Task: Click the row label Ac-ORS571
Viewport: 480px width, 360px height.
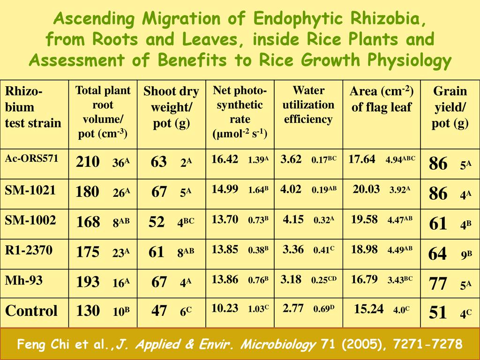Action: coord(31,158)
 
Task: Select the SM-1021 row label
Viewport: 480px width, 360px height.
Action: coord(30,190)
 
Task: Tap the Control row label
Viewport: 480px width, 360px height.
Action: coord(31,311)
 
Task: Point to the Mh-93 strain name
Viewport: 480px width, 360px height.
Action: coord(23,280)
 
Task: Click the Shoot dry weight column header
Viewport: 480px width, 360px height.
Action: coord(171,107)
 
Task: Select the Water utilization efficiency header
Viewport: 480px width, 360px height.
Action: coord(308,105)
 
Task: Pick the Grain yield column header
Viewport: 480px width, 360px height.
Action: coord(450,107)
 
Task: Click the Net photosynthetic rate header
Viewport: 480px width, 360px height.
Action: coord(240,112)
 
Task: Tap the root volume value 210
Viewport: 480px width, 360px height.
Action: coord(88,162)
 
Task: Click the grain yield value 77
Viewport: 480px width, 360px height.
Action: coord(438,284)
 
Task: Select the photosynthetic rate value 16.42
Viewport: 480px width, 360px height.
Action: coord(225,159)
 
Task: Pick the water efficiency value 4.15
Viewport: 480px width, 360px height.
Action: coord(293,219)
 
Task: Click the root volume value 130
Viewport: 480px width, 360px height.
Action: coord(88,311)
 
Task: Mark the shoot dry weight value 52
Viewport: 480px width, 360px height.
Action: coord(157,222)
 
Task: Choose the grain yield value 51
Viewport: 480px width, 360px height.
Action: coord(438,313)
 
